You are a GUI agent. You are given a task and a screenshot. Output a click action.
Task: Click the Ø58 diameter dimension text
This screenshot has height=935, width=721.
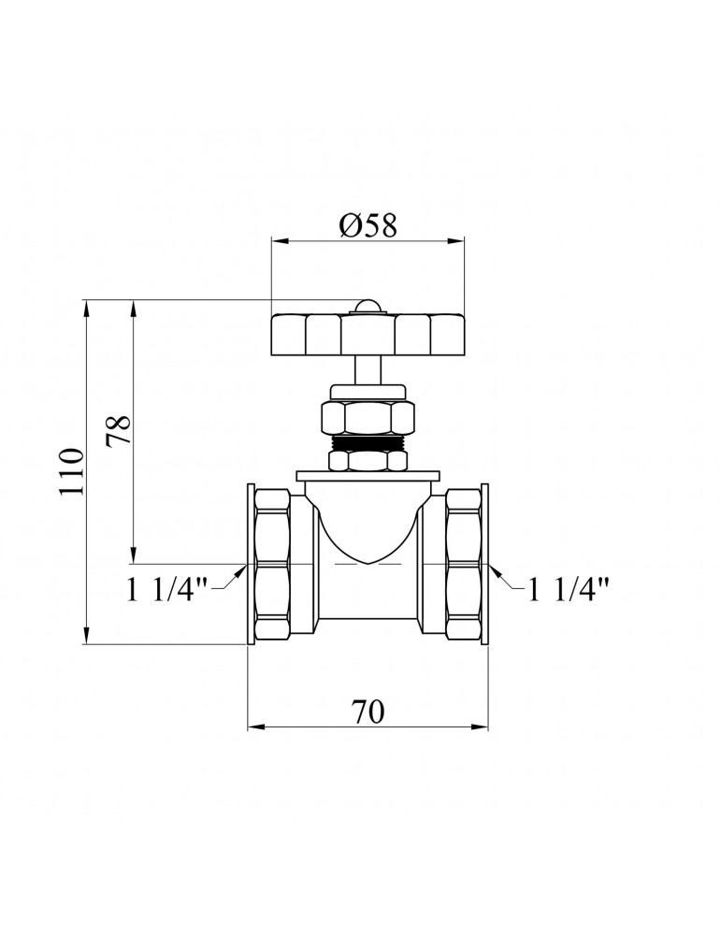(368, 225)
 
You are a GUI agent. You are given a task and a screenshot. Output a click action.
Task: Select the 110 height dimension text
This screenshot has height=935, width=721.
(72, 471)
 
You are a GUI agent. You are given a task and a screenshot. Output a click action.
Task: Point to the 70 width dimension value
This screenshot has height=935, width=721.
(368, 712)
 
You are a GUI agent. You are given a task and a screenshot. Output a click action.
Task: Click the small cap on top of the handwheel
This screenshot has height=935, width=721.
(368, 306)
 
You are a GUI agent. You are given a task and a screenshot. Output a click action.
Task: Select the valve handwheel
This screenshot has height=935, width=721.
(368, 335)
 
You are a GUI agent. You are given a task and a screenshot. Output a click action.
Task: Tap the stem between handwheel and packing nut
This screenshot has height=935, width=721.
(368, 371)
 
